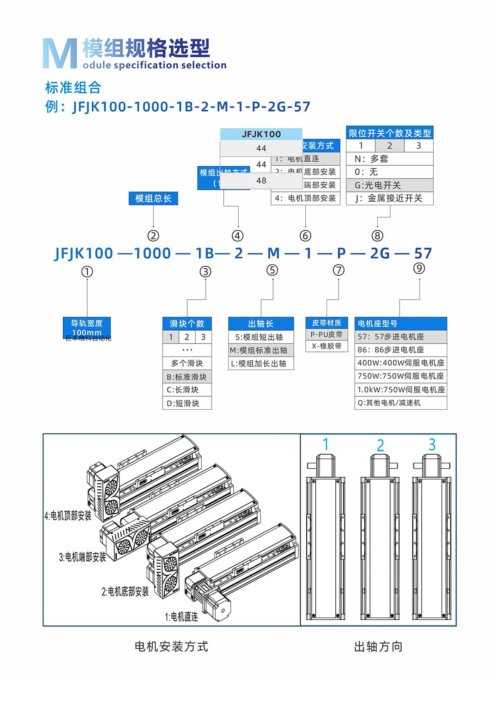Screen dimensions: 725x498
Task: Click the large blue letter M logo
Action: (60, 54)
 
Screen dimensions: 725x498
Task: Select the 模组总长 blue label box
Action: (153, 199)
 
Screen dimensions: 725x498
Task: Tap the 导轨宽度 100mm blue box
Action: (87, 327)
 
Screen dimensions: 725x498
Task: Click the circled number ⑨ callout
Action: (419, 268)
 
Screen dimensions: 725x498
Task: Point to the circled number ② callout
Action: (153, 236)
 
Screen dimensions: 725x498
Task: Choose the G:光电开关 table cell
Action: (389, 185)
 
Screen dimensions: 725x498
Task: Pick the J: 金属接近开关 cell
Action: (389, 198)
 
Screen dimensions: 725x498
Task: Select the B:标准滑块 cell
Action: (187, 377)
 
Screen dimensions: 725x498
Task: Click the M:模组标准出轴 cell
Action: (261, 350)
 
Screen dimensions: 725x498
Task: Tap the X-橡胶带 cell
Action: (326, 346)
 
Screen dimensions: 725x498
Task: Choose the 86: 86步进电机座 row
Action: (400, 350)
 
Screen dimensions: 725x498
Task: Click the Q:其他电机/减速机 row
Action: (400, 403)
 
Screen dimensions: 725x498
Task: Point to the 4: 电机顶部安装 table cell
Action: (305, 198)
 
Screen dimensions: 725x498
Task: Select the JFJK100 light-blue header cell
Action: (261, 134)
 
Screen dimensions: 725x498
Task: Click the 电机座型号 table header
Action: (400, 323)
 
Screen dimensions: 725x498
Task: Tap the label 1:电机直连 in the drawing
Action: (181, 617)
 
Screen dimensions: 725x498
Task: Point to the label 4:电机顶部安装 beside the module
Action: (68, 516)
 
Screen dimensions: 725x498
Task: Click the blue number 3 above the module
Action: (432, 445)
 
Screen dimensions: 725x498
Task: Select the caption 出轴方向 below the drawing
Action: (378, 646)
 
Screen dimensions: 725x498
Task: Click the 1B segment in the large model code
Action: (205, 253)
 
